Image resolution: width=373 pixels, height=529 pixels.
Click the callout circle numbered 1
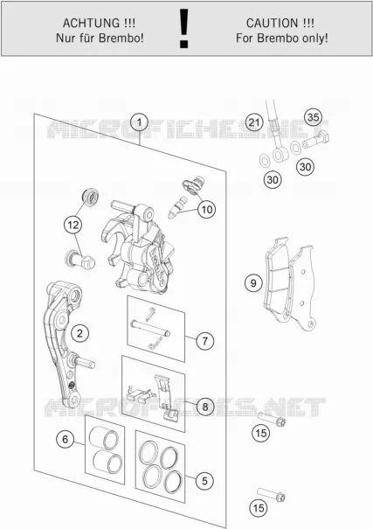140,122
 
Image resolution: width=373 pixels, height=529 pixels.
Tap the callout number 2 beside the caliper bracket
79,334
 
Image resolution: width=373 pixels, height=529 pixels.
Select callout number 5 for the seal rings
204,481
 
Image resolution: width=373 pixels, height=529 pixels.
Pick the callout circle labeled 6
65,439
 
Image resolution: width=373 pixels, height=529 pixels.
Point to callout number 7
205,341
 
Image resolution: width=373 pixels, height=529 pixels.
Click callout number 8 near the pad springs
205,407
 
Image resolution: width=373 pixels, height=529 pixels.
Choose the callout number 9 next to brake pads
253,283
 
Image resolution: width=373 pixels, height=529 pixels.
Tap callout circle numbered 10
206,210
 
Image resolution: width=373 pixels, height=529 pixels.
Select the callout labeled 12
73,225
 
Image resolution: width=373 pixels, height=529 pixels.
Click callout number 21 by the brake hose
254,122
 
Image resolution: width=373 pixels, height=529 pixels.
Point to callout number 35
313,117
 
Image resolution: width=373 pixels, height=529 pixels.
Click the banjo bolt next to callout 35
315,140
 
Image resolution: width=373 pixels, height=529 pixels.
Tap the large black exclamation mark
183,28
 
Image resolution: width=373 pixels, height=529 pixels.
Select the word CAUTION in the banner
273,24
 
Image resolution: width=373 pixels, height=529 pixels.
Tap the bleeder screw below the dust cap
177,207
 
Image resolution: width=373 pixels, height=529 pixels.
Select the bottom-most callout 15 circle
259,508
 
